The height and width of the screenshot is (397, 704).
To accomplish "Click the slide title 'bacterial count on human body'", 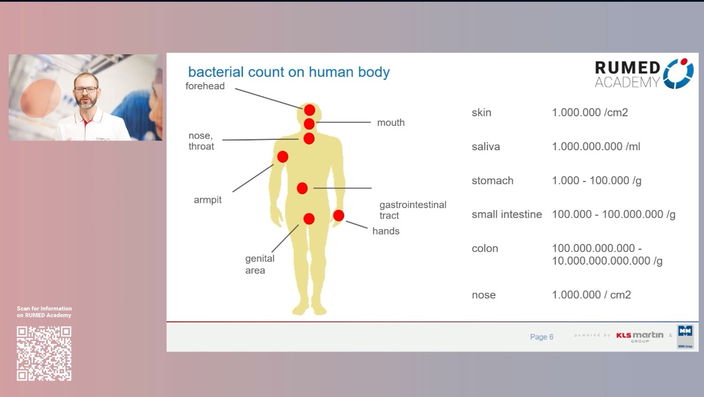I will pyautogui.click(x=289, y=72).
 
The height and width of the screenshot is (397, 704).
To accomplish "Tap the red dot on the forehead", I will pyautogui.click(x=310, y=110).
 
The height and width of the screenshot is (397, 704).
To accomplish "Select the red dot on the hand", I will pyautogui.click(x=339, y=216).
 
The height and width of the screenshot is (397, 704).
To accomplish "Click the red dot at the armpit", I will pyautogui.click(x=283, y=157).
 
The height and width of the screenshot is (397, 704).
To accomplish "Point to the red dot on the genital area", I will pyautogui.click(x=309, y=219).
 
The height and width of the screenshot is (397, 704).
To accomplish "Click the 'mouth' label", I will pyautogui.click(x=391, y=123).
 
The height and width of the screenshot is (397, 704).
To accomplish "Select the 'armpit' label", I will pyautogui.click(x=208, y=201).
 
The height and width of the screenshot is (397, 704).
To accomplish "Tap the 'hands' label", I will pyautogui.click(x=386, y=231).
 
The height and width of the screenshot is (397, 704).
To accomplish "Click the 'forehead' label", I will pyautogui.click(x=205, y=86).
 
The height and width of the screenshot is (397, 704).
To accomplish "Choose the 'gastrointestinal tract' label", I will pyautogui.click(x=413, y=210).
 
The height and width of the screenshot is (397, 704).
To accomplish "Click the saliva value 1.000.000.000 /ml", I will pyautogui.click(x=596, y=147).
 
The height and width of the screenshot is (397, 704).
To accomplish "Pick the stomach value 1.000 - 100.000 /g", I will pyautogui.click(x=596, y=181).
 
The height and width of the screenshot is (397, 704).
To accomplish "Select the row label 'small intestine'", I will pyautogui.click(x=506, y=214).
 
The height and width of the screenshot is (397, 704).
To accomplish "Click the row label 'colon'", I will pyautogui.click(x=484, y=248).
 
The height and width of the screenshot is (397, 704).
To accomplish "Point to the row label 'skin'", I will pyautogui.click(x=481, y=113).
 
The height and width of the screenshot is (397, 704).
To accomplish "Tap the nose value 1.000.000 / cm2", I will pyautogui.click(x=591, y=295).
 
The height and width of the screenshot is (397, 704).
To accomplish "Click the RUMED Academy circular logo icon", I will pyautogui.click(x=678, y=73).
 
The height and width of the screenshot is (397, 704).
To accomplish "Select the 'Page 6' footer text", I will pyautogui.click(x=542, y=337).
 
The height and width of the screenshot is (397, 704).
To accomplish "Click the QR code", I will pyautogui.click(x=44, y=354).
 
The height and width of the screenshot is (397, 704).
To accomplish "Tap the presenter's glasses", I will pyautogui.click(x=86, y=89).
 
